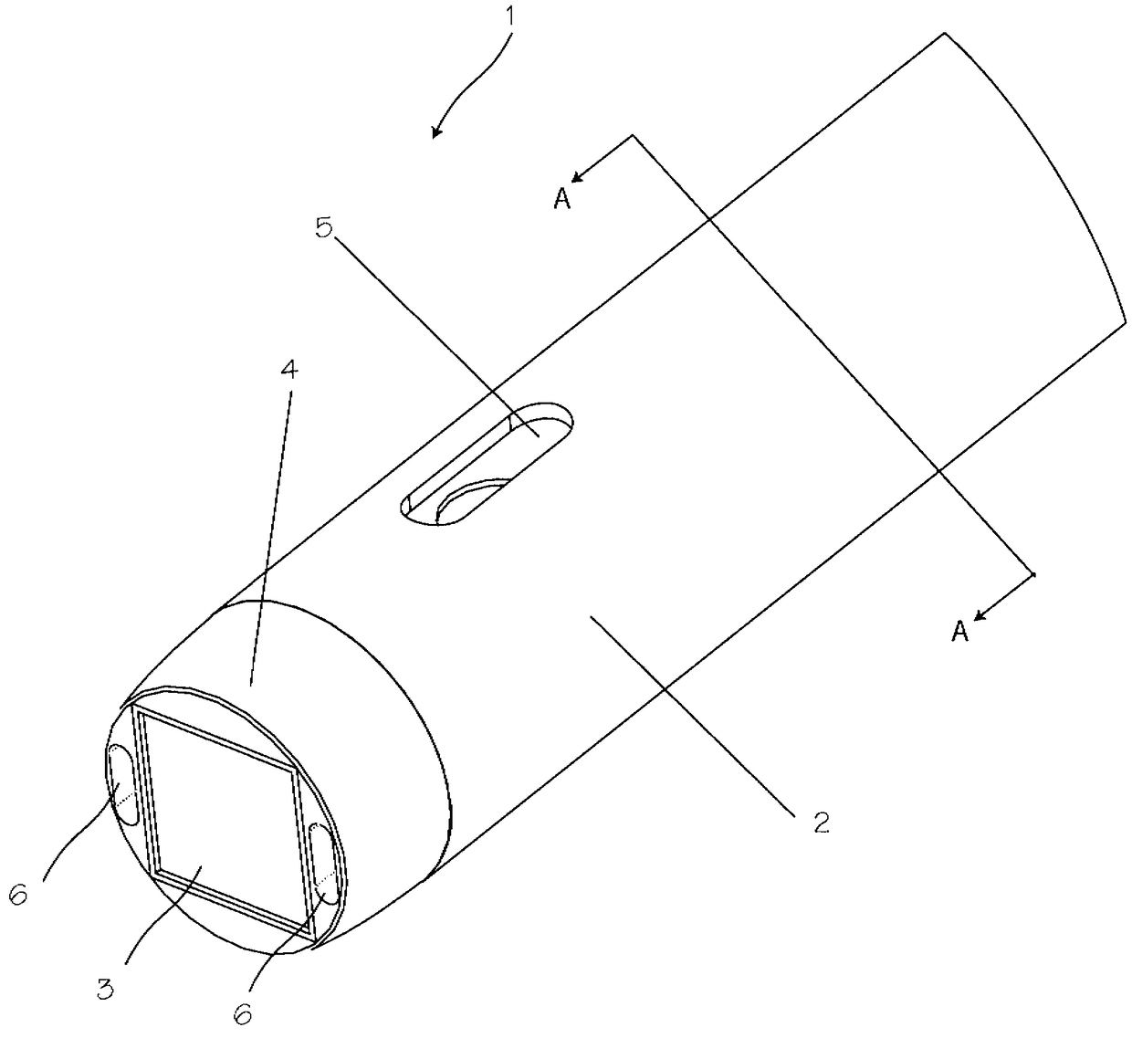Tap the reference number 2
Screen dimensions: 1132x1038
coord(822,823)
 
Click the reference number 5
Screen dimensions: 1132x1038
coord(324,227)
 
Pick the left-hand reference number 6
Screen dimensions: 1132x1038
coord(18,895)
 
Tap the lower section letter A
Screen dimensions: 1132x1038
coord(959,631)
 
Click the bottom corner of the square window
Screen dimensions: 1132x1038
coord(314,940)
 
